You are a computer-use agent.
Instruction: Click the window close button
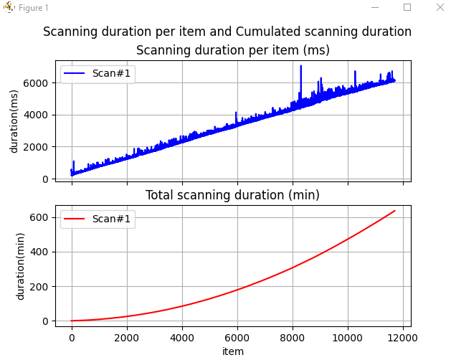tap(440, 7)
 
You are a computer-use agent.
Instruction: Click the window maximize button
tap(407, 7)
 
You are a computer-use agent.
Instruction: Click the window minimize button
tap(374, 7)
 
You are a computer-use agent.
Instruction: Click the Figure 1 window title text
tap(34, 8)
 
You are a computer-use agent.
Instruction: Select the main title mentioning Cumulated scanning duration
tap(227, 32)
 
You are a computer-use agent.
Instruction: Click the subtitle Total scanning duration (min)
tap(233, 195)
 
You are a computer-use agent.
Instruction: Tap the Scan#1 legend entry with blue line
tap(96, 74)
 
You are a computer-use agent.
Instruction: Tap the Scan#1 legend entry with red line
tap(96, 219)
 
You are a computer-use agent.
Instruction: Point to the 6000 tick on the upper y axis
tap(40, 83)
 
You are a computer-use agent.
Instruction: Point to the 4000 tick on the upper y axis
tap(40, 115)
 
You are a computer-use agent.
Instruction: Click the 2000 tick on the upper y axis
tap(40, 147)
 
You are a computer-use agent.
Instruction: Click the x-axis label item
tap(233, 351)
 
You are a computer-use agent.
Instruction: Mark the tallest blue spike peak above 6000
tap(300, 66)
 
